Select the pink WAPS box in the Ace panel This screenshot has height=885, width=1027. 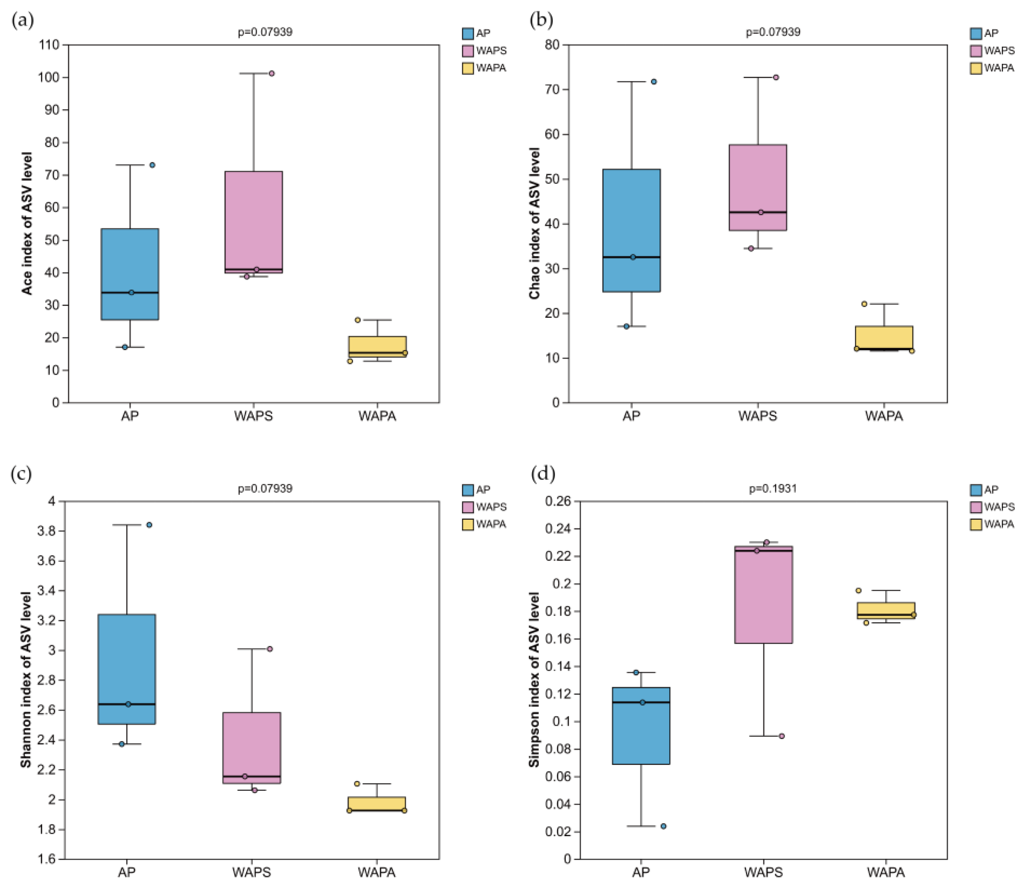tap(253, 221)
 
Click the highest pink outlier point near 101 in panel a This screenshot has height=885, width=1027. tap(272, 73)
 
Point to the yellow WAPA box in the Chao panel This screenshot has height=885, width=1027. tap(884, 338)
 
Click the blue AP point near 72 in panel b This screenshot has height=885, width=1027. tap(654, 82)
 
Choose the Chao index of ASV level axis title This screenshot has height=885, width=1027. tap(534, 223)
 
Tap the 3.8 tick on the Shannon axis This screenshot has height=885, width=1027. tap(47, 531)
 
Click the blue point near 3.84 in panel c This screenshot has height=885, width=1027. tap(149, 524)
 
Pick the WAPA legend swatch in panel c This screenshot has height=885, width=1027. tap(467, 524)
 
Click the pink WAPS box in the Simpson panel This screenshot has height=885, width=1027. tap(763, 595)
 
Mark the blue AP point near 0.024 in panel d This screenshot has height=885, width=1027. tap(663, 826)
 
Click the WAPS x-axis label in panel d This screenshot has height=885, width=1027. tap(763, 872)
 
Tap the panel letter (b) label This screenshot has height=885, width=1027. tap(541, 20)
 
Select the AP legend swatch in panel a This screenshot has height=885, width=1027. tap(467, 33)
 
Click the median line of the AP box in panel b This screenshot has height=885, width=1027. tap(632, 257)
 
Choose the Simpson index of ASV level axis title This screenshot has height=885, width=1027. tap(534, 679)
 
